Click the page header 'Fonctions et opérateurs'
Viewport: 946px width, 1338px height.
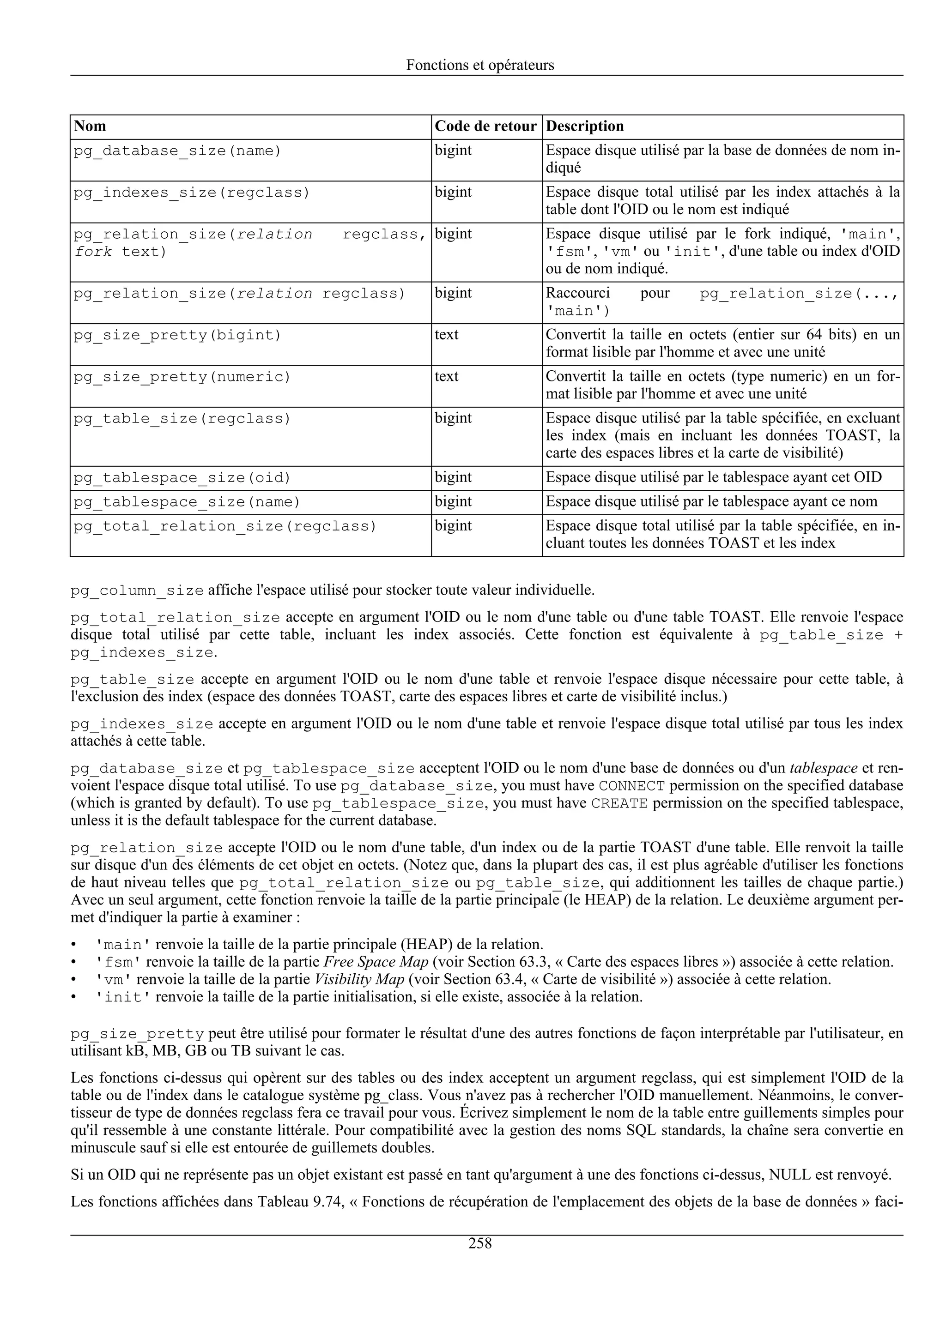click(480, 65)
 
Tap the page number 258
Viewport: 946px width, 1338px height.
click(480, 1244)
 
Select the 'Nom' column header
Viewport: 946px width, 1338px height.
click(91, 127)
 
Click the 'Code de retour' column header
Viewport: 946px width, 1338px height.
click(485, 127)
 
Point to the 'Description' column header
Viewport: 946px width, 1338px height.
click(585, 127)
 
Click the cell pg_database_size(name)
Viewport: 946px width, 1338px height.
click(177, 151)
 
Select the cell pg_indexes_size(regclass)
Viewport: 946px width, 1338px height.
click(192, 193)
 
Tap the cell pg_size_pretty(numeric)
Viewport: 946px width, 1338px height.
click(182, 378)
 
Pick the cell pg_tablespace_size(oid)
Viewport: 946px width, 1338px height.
click(182, 478)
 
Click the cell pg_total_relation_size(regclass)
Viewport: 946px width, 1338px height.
click(225, 527)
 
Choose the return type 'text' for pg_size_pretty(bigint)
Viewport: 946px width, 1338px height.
click(447, 335)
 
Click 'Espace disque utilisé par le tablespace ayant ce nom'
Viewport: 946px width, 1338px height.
click(711, 502)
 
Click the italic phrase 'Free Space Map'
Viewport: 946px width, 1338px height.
click(376, 962)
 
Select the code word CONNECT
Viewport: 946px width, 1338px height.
click(631, 786)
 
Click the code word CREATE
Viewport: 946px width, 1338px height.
click(619, 804)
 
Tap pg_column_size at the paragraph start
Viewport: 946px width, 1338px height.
click(137, 591)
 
